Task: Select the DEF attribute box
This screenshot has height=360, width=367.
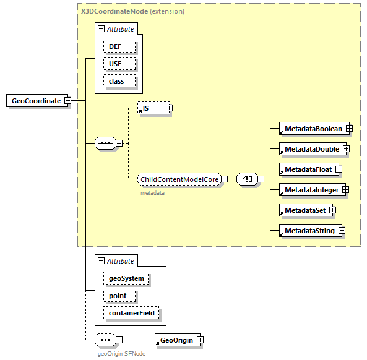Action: (116, 46)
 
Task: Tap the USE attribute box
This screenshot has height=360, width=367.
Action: (116, 64)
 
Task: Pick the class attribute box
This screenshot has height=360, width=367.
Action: (116, 81)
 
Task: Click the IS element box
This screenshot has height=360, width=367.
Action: (150, 108)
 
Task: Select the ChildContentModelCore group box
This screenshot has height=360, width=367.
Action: (179, 179)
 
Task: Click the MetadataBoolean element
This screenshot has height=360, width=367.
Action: (313, 129)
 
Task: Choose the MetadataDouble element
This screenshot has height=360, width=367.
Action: (311, 149)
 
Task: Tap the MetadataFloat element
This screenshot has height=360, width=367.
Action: (307, 169)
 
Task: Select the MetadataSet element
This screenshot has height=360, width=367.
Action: (304, 210)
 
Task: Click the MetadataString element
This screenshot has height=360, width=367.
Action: (308, 231)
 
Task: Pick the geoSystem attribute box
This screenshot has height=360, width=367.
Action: (126, 278)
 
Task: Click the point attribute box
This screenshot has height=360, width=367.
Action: (118, 296)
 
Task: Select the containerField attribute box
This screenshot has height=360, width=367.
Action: (131, 314)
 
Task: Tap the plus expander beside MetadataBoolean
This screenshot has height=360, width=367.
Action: (350, 129)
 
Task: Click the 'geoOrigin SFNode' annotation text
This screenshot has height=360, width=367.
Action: (121, 354)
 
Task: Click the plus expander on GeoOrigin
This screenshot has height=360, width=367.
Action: (200, 340)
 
